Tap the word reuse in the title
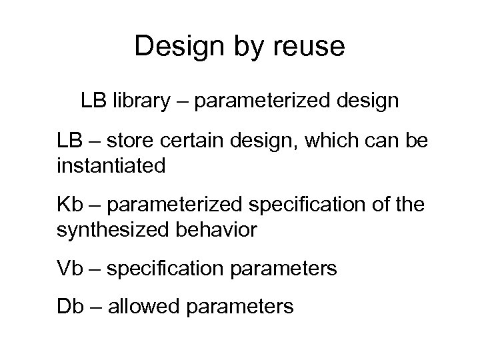(x=311, y=46)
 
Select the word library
(x=137, y=101)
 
